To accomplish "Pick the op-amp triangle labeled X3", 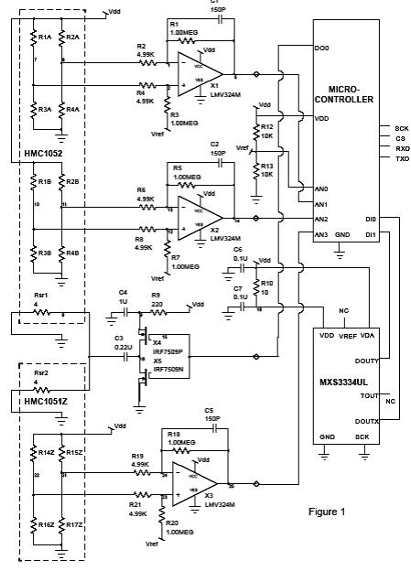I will pyautogui.click(x=194, y=481).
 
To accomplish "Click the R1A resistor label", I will pyautogui.click(x=43, y=37).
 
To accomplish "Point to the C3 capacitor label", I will pyautogui.click(x=119, y=339).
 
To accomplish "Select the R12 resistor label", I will pyautogui.click(x=267, y=127).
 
